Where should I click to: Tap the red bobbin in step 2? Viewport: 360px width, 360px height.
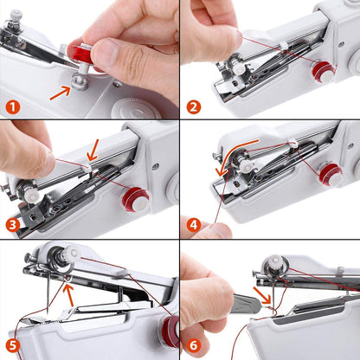[x=323, y=71]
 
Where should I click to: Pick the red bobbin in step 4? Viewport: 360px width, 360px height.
[x=330, y=174]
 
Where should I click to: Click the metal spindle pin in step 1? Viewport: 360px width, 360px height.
[x=79, y=82]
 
